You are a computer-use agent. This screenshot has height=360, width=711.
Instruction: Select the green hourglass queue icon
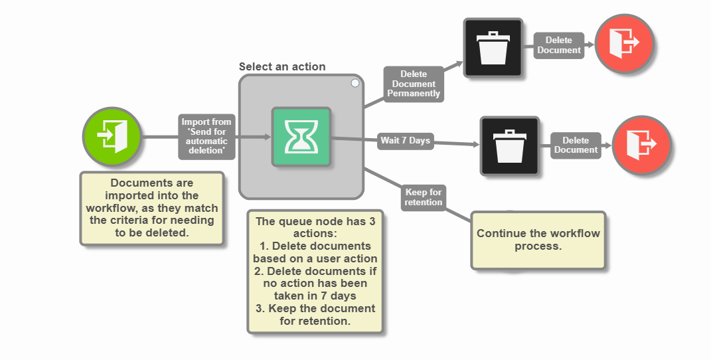point(301,137)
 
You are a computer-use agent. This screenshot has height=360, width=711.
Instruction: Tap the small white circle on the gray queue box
point(355,83)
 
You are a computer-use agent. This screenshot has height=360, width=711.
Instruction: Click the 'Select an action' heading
point(282,66)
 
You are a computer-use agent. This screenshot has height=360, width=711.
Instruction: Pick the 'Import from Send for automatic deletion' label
point(206,137)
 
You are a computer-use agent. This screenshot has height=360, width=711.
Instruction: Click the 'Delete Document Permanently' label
point(414,84)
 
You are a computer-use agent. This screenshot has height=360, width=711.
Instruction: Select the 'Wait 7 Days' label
point(405,141)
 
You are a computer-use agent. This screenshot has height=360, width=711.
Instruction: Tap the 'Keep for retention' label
point(423,197)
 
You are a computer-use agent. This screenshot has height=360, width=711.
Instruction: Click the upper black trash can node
point(493,47)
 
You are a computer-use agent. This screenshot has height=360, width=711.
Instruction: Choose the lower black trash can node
point(510,146)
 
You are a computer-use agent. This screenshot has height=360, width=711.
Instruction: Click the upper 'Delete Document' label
point(558,45)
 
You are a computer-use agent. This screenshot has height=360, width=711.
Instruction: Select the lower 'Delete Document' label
point(576,145)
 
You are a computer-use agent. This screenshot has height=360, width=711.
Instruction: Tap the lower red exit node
point(641,144)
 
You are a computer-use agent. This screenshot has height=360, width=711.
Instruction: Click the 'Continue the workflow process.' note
point(538,240)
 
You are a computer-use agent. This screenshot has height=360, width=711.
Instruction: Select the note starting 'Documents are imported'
point(152,208)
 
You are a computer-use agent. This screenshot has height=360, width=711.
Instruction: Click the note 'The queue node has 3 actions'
point(315,271)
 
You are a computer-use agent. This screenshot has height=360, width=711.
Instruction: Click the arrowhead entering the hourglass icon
point(267,137)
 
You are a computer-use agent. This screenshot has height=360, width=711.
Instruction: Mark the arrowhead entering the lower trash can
point(475,144)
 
